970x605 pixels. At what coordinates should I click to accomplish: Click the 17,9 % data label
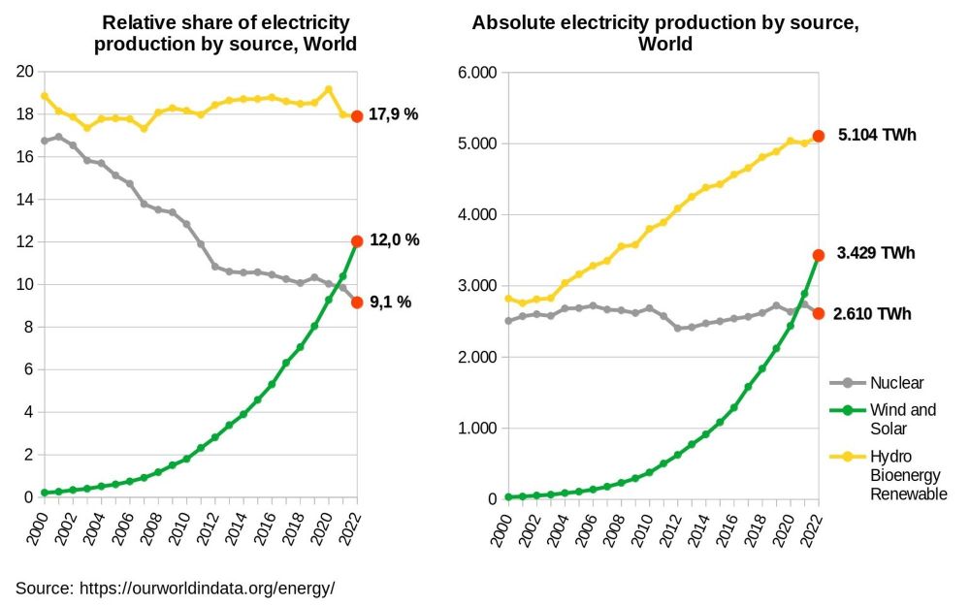pyautogui.click(x=392, y=114)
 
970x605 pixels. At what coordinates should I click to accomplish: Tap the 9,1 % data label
pyautogui.click(x=390, y=302)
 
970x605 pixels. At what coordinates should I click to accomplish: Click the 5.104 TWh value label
pyautogui.click(x=876, y=135)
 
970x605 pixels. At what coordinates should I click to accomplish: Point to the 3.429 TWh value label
pyautogui.click(x=875, y=253)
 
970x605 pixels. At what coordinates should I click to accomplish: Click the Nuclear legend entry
pyautogui.click(x=896, y=382)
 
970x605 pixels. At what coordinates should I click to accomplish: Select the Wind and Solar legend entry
pyautogui.click(x=902, y=419)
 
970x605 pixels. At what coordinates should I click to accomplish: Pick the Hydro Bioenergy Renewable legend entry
pyautogui.click(x=908, y=475)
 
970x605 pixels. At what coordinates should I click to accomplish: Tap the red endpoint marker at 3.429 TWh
pyautogui.click(x=819, y=255)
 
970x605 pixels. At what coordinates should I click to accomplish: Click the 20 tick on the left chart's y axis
pyautogui.click(x=25, y=72)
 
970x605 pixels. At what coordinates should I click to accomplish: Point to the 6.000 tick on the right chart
pyautogui.click(x=476, y=72)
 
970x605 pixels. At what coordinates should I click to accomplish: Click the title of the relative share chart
pyautogui.click(x=225, y=33)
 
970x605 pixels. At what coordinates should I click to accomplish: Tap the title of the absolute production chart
pyautogui.click(x=665, y=33)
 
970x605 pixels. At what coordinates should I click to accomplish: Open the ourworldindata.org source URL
pyautogui.click(x=207, y=588)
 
